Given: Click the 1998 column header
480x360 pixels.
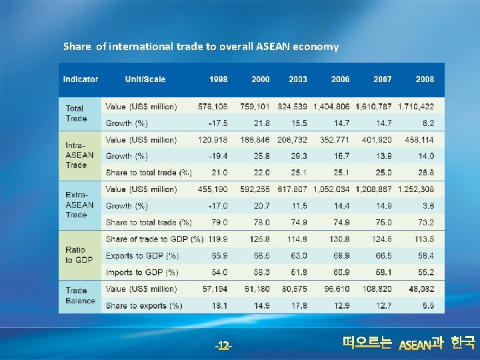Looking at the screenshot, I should coord(218,79).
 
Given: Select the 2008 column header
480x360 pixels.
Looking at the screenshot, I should coord(425,79).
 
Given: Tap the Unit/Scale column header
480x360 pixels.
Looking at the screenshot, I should coord(145,79).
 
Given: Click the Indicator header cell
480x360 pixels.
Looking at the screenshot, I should coord(81,79).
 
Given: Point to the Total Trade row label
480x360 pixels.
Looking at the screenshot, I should coord(76,113).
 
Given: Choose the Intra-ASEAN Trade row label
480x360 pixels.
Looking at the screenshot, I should coord(79,155).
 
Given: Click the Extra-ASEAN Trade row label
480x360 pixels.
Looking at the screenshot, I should coord(79,205).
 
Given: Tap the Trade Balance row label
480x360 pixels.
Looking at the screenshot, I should coord(80,295).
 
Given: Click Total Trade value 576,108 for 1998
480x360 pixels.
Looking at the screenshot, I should coord(213,106).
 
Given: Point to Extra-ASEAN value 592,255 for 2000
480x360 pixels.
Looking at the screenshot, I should coord(255,189).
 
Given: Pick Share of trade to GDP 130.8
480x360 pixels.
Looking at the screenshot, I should coord(339,239).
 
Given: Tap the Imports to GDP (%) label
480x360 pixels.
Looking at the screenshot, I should coord(142,272).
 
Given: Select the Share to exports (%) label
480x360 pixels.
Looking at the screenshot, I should coord(143,305).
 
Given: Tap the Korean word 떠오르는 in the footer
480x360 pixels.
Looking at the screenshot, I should coord(367,343).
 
